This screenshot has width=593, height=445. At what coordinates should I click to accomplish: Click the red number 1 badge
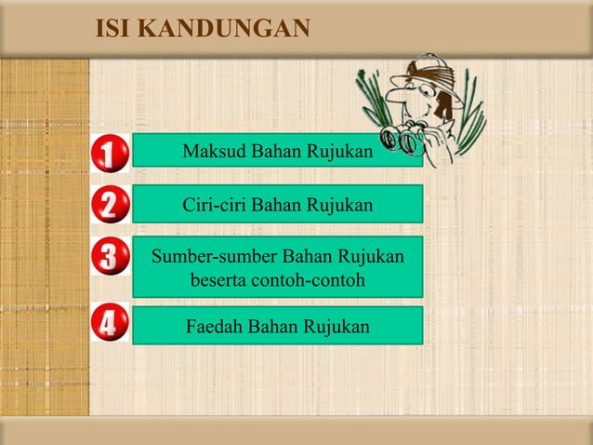point(110,155)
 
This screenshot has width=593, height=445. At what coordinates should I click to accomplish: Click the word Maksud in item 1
point(213,151)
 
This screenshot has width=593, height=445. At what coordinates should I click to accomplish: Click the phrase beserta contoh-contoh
point(277,279)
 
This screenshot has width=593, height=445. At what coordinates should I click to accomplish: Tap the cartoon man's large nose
point(402,96)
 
